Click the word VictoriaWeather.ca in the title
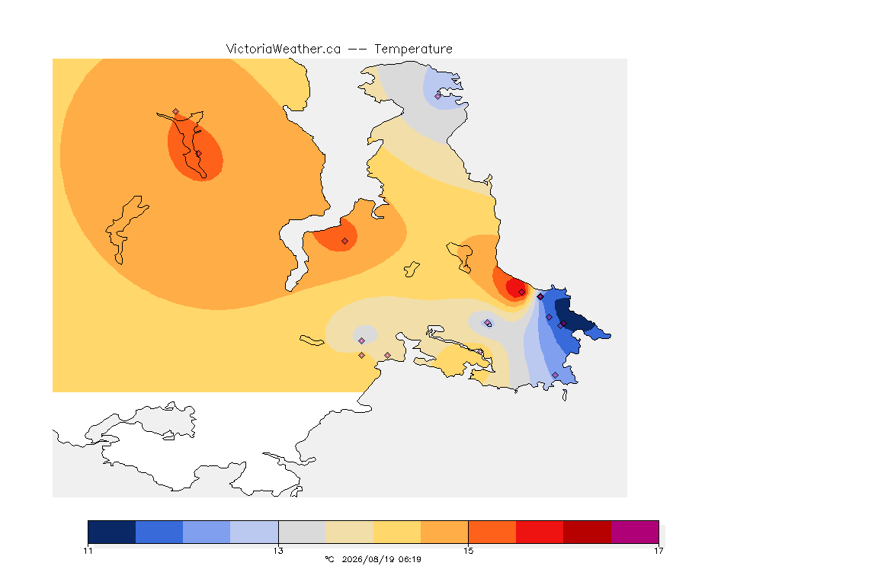coord(284,50)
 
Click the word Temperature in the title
coord(413,50)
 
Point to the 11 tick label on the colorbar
coord(88,551)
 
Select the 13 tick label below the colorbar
coord(278,551)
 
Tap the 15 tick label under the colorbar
coord(468,551)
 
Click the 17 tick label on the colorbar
coord(658,551)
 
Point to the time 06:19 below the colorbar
coord(410,559)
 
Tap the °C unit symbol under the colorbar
coord(329,559)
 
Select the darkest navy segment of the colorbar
coord(112,532)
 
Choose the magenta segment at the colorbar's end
coord(635,532)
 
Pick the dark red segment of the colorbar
coord(588,532)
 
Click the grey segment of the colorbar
coord(303,532)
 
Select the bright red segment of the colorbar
coord(540,532)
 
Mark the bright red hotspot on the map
coord(516,288)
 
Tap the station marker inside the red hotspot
coord(522,292)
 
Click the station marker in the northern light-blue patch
coord(438,96)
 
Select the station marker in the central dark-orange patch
coord(345,241)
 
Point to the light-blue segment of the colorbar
coord(255,532)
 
